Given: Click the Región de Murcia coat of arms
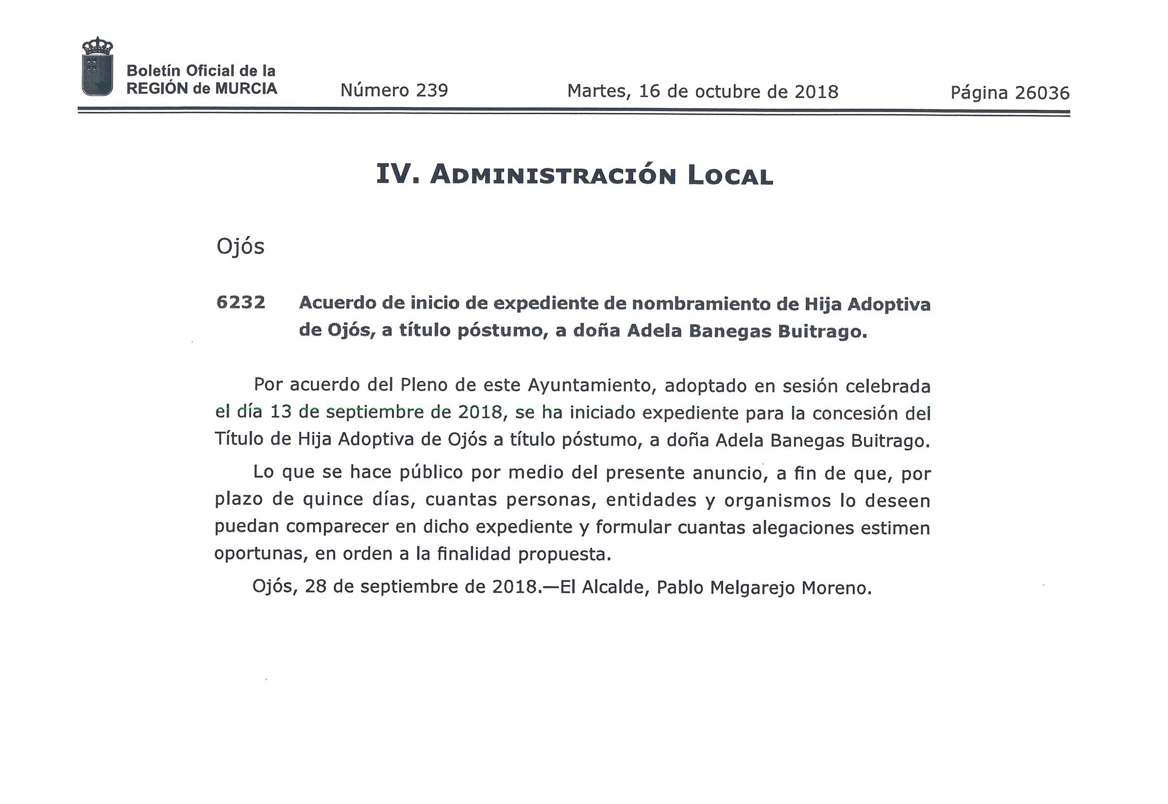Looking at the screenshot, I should pos(97,67).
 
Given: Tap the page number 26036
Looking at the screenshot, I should pos(1042,93).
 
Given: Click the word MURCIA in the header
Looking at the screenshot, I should pos(246,89).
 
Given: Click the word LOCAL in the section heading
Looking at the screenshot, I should pos(730,176).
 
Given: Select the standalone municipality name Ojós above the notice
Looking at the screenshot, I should pos(240,247).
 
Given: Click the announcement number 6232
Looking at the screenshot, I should pos(240,302).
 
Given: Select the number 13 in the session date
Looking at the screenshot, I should pos(281,412).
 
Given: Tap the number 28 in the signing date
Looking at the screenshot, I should pos(315,586).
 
